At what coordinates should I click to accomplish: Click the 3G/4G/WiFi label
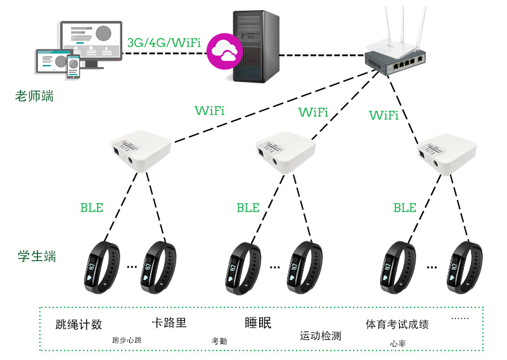tap(164, 43)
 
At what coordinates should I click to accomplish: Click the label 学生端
tap(37, 257)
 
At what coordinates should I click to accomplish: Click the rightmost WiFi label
tap(383, 115)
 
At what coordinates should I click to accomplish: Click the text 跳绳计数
tap(79, 325)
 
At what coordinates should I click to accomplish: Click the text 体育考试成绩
tap(397, 325)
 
